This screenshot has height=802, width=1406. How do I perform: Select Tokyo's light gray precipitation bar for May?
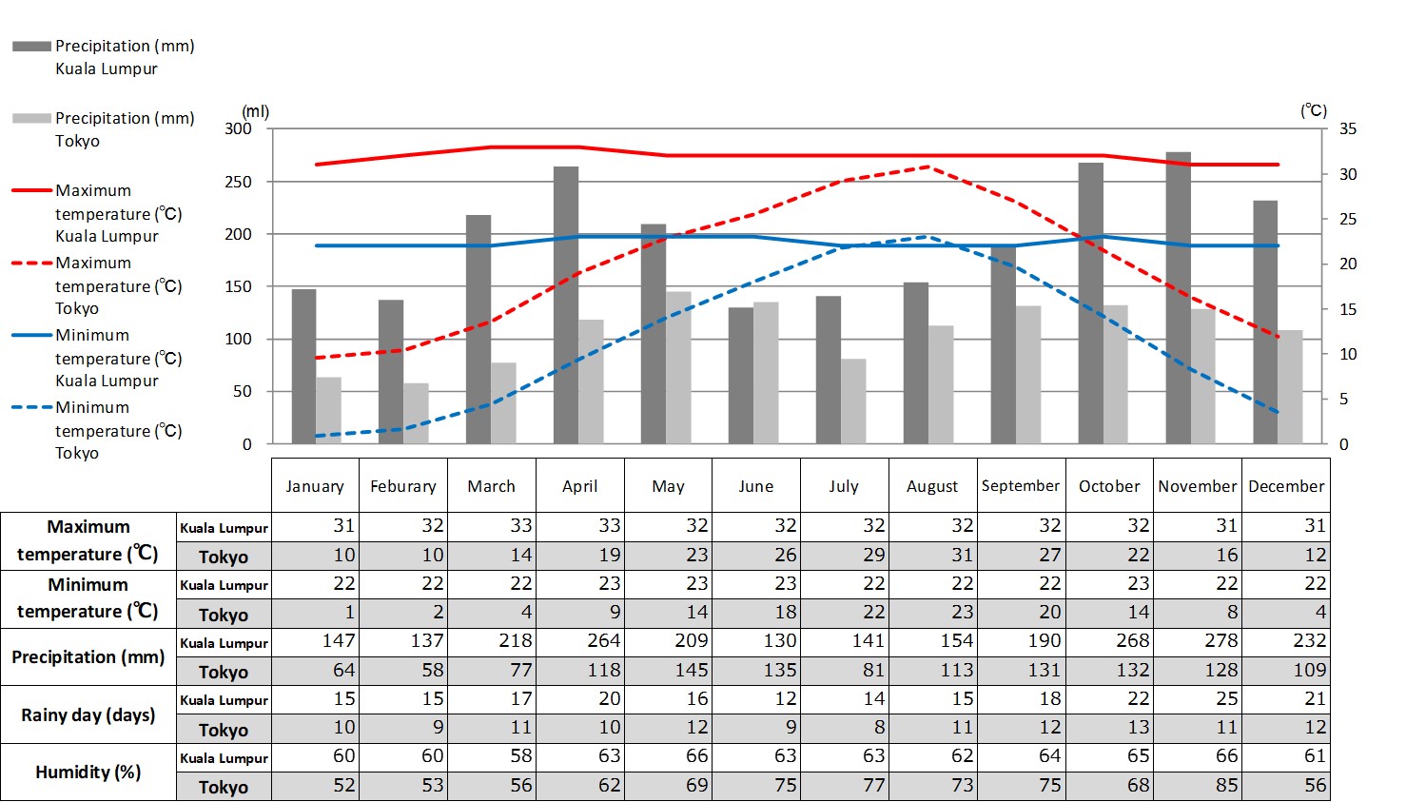678,367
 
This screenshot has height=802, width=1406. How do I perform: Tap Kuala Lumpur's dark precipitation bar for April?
566,305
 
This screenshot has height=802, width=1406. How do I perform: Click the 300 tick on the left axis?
239,128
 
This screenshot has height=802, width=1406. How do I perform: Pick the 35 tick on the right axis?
1348,128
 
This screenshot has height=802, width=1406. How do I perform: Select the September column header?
1021,486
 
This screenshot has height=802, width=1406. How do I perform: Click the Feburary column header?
403,486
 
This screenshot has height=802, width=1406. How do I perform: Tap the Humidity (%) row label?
88,772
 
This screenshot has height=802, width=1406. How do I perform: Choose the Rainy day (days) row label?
88,714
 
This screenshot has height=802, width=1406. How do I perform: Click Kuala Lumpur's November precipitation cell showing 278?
1198,641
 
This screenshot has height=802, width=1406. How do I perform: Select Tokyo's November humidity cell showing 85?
1198,786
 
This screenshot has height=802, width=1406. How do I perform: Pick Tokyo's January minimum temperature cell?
315,613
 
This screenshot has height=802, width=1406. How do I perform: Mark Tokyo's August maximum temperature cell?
932,556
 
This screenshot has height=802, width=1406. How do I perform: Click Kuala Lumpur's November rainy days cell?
1198,699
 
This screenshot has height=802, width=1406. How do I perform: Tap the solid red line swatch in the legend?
31,190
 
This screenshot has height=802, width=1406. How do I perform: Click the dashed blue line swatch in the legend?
31,407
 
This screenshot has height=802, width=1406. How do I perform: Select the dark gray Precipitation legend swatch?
31,46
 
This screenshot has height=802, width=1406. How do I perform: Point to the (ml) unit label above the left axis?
256,111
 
